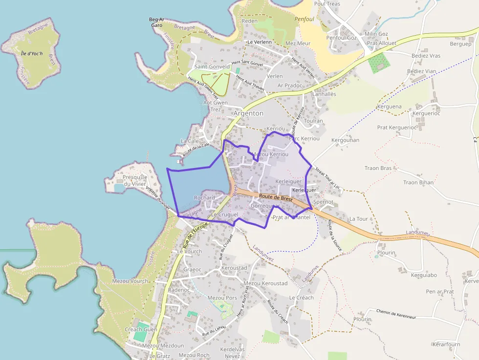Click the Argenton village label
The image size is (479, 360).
click(x=248, y=113)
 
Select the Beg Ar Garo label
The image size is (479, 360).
click(x=156, y=22)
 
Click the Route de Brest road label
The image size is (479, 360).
click(x=276, y=197)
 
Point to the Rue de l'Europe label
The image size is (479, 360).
click(x=195, y=236)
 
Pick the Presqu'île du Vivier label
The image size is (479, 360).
click(x=135, y=180)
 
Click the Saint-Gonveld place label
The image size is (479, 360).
click(x=212, y=66)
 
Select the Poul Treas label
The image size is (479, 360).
click(x=327, y=4)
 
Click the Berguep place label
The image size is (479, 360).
click(x=460, y=44)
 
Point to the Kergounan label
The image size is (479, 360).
click(x=345, y=140)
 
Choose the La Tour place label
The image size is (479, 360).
click(x=358, y=219)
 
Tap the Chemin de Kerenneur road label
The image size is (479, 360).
click(x=396, y=314)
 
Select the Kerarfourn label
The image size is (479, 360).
click(x=446, y=344)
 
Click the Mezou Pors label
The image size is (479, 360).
click(x=222, y=297)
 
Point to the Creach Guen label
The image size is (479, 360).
click(x=141, y=329)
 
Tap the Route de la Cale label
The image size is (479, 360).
click(x=196, y=149)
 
